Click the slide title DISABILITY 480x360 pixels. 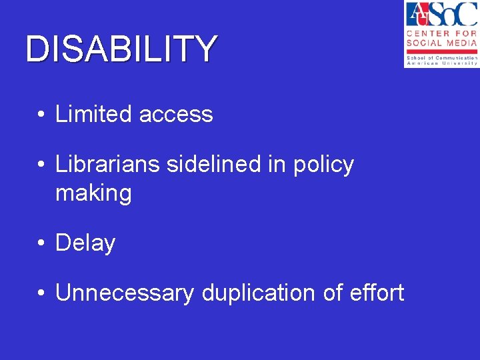coord(121,49)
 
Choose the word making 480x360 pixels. coord(93,193)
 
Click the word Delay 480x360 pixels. coord(85,243)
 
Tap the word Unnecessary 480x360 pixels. coord(124,293)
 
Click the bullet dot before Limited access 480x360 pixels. coord(41,115)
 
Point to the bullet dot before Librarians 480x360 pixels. coord(41,165)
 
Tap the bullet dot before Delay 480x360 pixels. coord(41,243)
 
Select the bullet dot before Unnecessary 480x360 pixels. coord(41,293)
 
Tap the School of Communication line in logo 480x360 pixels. coord(441,58)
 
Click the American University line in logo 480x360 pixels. coord(441,63)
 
